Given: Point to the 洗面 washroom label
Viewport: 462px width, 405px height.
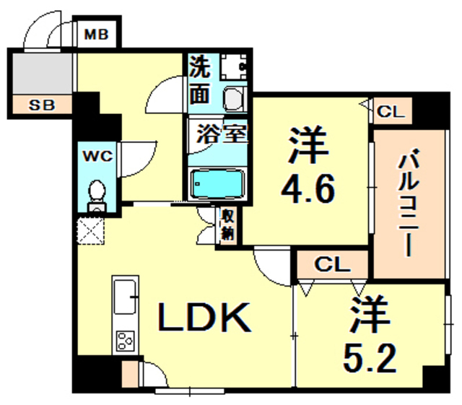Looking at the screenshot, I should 200,79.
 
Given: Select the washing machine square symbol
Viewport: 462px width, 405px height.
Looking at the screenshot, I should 234,67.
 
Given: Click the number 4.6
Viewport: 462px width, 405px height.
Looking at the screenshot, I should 308,191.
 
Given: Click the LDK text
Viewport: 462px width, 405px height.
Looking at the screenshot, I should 204,315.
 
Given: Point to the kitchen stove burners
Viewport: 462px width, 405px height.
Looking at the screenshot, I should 126,339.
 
